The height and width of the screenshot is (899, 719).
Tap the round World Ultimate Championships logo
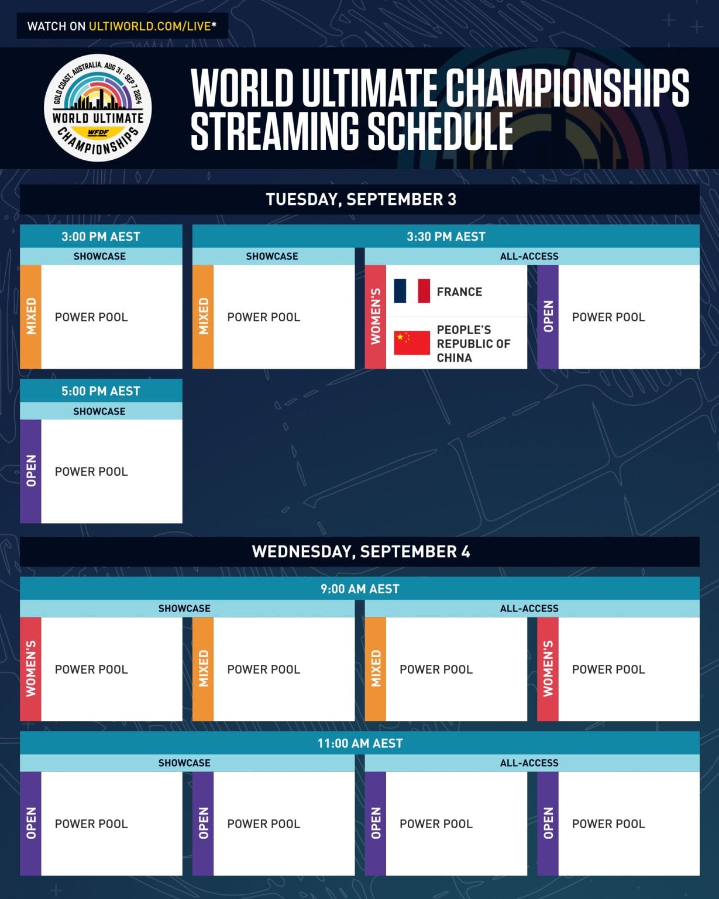(98, 108)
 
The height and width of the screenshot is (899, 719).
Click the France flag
(412, 291)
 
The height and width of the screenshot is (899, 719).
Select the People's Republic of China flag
(412, 343)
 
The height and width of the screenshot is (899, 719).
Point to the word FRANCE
(459, 291)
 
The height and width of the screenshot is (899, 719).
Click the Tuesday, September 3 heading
(360, 200)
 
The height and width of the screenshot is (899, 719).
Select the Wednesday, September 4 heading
(360, 551)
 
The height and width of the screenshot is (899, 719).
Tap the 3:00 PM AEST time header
(101, 236)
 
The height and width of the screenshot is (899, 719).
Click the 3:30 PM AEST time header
(446, 236)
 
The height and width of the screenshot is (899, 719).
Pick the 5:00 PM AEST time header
(101, 391)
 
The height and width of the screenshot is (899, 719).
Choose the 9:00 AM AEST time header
(360, 589)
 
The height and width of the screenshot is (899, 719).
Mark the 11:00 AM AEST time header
(360, 743)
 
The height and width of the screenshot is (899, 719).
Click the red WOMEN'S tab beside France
(376, 317)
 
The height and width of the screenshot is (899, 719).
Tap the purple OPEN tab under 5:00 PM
(31, 471)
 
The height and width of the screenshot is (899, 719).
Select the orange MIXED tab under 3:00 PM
(31, 317)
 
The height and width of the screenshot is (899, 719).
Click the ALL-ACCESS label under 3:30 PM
(529, 256)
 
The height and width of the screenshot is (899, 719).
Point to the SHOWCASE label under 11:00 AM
(184, 763)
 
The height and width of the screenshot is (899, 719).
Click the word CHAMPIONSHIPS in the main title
(567, 88)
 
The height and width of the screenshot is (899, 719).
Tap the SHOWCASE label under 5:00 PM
(99, 411)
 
